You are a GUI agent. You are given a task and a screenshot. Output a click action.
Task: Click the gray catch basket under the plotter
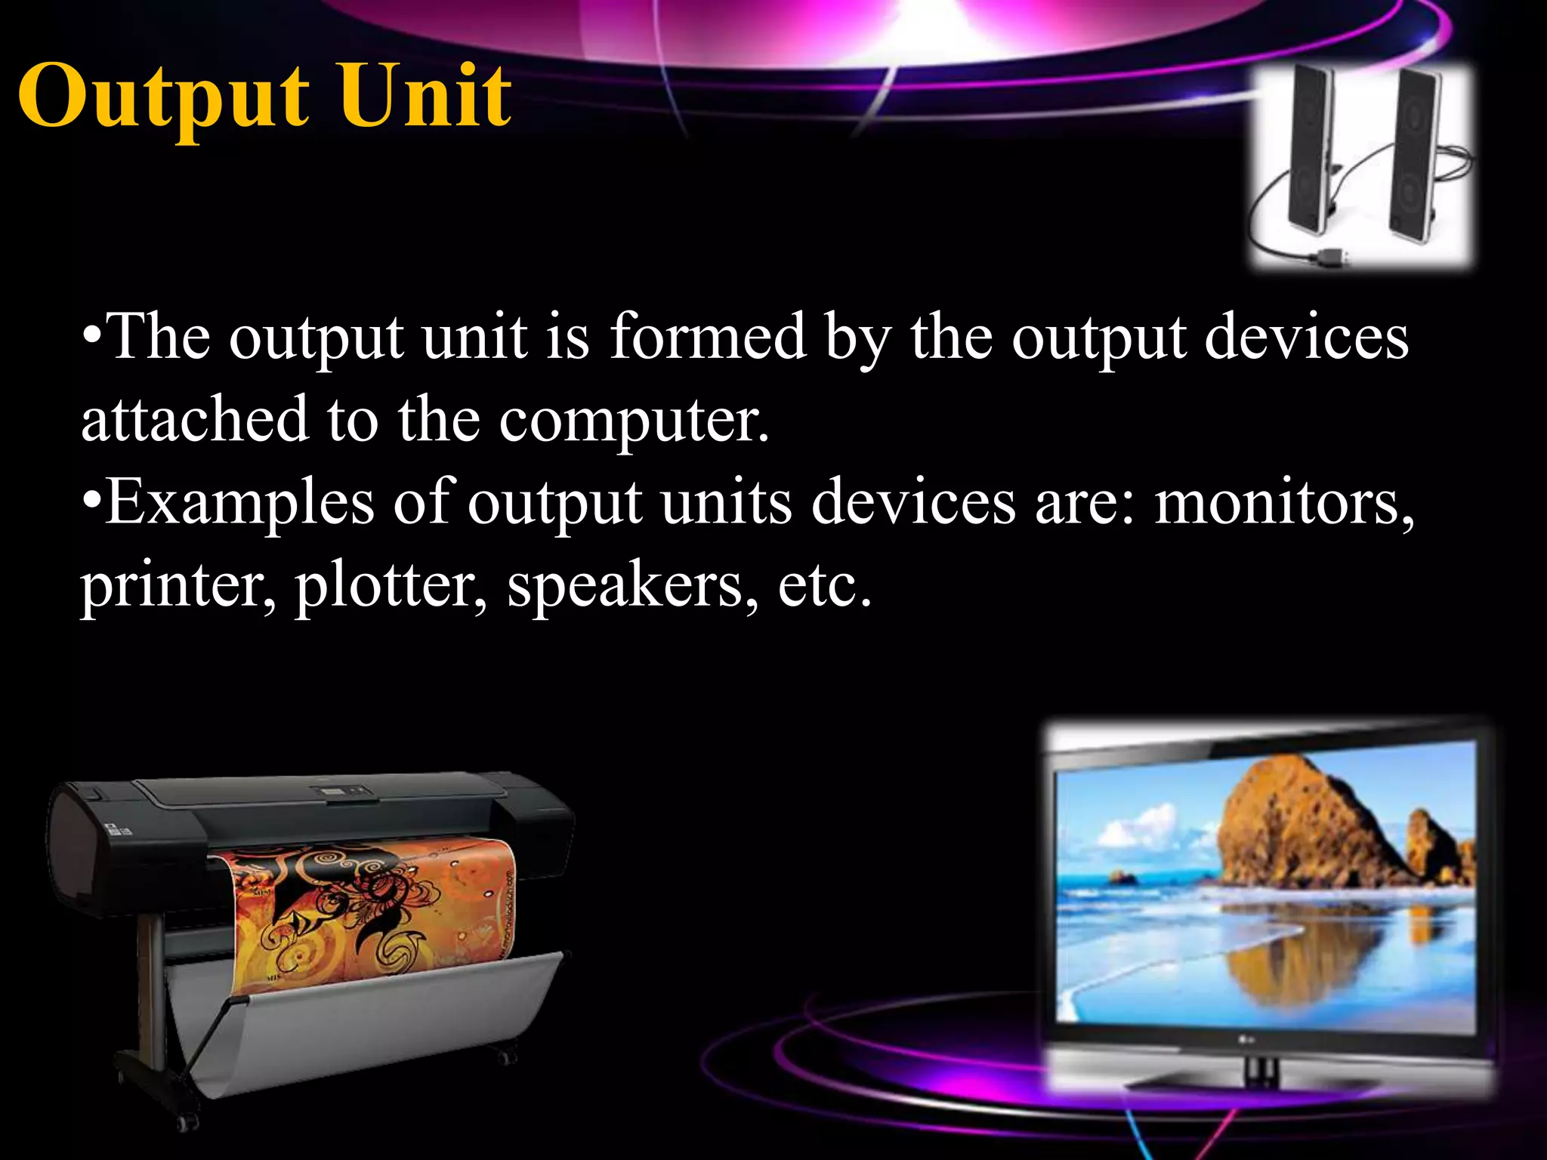(363, 1035)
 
